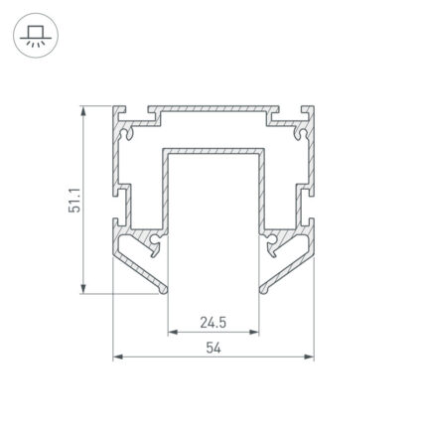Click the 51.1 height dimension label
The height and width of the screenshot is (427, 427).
tap(74, 201)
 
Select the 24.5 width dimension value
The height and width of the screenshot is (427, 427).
tap(213, 322)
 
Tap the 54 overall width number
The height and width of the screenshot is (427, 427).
tap(213, 348)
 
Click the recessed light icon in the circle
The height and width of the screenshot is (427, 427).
tap(36, 36)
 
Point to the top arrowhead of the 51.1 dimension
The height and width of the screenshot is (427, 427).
tap(83, 111)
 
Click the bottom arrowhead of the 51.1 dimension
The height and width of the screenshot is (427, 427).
tap(83, 288)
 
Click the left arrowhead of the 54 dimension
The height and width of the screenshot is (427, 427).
tap(118, 356)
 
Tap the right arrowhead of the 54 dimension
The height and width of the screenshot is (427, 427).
tap(309, 356)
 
